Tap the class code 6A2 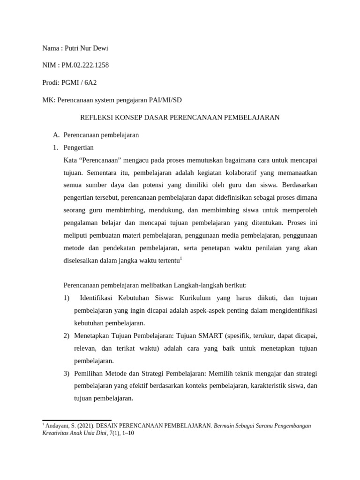pyautogui.click(x=90, y=82)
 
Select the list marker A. pyautogui.click(x=56, y=135)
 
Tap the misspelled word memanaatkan pyautogui.click(x=298, y=173)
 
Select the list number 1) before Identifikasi pyautogui.click(x=66, y=298)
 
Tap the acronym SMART pyautogui.click(x=210, y=336)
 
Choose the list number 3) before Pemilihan pyautogui.click(x=66, y=374)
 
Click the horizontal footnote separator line pyautogui.click(x=76, y=420)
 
